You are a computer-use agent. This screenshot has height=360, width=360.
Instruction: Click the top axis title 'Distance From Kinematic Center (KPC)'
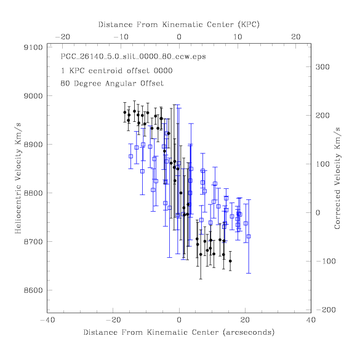pyautogui.click(x=179, y=25)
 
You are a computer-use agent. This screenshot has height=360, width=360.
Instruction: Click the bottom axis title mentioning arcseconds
pyautogui.click(x=179, y=332)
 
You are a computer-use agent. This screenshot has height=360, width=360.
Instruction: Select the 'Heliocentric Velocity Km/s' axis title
pyautogui.click(x=18, y=178)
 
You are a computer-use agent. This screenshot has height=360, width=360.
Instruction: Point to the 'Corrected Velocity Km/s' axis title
pyautogui.click(x=337, y=178)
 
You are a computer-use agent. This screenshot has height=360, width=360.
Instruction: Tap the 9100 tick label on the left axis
pyautogui.click(x=33, y=47)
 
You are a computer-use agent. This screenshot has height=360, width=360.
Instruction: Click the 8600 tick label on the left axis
pyautogui.click(x=33, y=290)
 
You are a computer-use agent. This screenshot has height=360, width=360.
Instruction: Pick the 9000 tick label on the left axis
pyautogui.click(x=33, y=96)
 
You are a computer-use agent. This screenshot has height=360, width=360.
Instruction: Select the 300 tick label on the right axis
pyautogui.click(x=322, y=67)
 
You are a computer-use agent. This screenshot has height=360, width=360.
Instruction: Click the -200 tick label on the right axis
pyautogui.click(x=326, y=310)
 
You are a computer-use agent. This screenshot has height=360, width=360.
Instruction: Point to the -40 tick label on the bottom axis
pyautogui.click(x=48, y=320)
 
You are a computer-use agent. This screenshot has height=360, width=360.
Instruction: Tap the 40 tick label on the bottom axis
pyautogui.click(x=311, y=320)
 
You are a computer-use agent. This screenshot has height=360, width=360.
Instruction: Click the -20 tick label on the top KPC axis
pyautogui.click(x=63, y=37)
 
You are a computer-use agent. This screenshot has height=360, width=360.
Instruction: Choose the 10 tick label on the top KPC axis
pyautogui.click(x=238, y=37)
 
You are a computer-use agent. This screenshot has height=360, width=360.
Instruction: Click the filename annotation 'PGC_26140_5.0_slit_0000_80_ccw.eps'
pyautogui.click(x=133, y=57)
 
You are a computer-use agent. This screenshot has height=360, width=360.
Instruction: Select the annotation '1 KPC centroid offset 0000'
pyautogui.click(x=117, y=71)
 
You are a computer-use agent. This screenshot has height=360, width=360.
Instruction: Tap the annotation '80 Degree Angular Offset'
pyautogui.click(x=112, y=83)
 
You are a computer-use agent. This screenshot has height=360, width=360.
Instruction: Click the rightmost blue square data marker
pyautogui.click(x=249, y=236)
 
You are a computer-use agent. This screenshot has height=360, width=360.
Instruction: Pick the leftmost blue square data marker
pyautogui.click(x=130, y=156)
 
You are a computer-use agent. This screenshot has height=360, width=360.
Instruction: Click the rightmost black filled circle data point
pyautogui.click(x=230, y=261)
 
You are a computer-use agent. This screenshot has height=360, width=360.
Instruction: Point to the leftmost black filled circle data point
pyautogui.click(x=125, y=112)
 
